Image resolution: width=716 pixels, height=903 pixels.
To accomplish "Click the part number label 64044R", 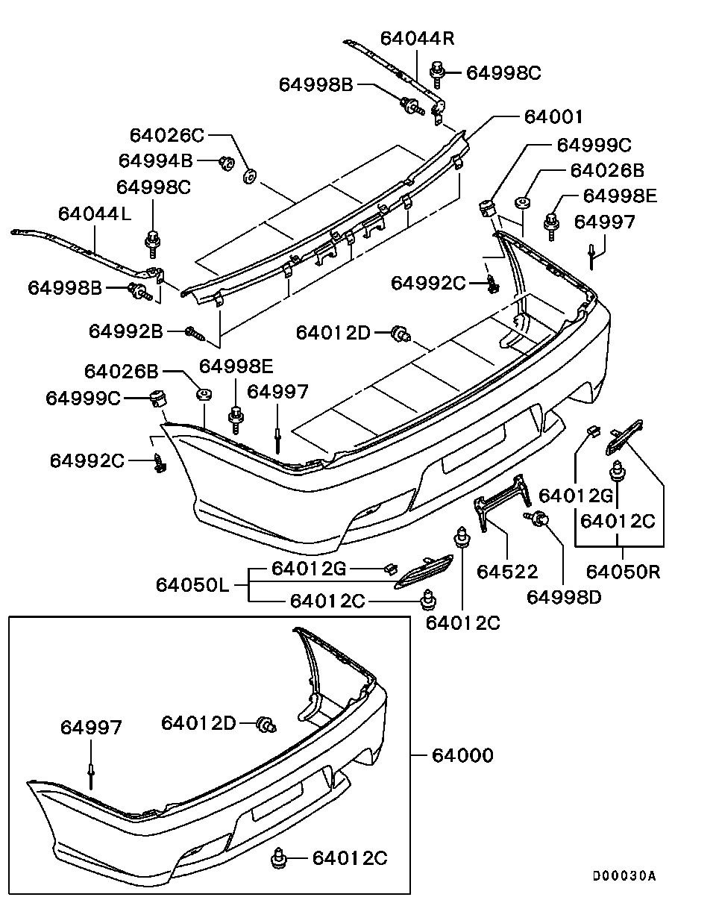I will click(417, 38).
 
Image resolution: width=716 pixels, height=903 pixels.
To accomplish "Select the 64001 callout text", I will click(553, 117).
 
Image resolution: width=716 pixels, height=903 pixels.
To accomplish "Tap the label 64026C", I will click(167, 135).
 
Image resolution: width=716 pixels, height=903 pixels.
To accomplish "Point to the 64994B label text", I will click(156, 160).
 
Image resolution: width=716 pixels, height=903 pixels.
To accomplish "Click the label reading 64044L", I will click(95, 213).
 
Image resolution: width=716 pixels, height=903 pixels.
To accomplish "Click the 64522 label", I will click(507, 572).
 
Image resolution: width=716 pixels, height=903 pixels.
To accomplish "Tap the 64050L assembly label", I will click(192, 584).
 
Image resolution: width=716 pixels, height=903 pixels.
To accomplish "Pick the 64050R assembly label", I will click(623, 572).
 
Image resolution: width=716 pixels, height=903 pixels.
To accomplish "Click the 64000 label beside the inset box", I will click(462, 755).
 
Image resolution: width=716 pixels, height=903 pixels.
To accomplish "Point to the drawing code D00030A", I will click(624, 876).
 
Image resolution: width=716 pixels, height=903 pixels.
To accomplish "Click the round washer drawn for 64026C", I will click(251, 177).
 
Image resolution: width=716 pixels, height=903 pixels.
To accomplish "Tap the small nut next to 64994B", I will click(223, 161).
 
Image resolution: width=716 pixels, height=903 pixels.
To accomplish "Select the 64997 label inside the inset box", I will click(90, 727).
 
